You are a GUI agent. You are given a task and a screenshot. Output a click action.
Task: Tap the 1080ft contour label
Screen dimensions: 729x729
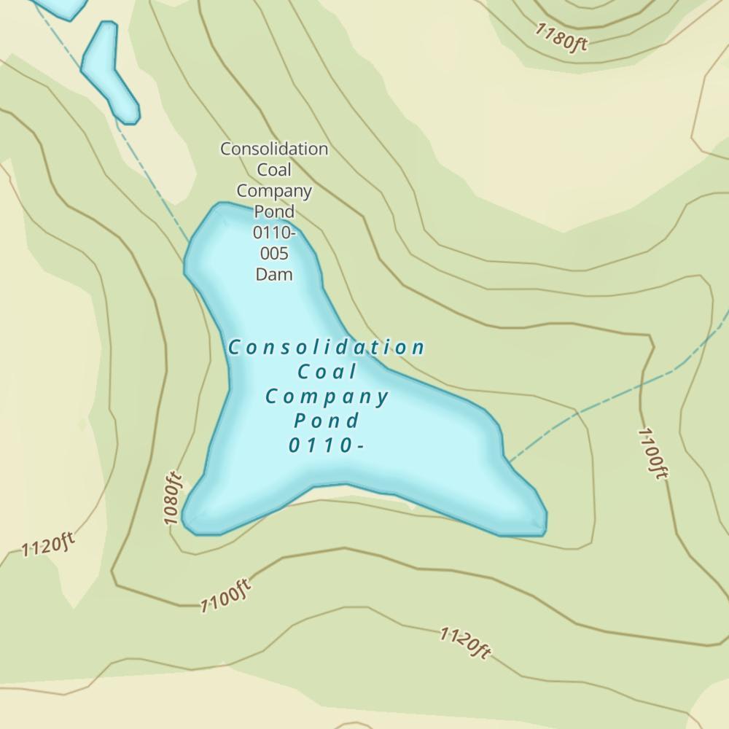tap(172, 499)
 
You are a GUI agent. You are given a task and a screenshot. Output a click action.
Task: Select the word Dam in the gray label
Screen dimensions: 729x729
tap(274, 275)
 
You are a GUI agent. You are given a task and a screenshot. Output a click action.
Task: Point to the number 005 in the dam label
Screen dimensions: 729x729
tap(274, 254)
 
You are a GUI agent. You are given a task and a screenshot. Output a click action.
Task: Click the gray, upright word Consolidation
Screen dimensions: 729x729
tap(274, 149)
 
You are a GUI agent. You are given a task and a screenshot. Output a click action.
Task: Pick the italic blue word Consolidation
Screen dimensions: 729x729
tap(326, 348)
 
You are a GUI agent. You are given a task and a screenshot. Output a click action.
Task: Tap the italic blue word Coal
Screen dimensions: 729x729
tap(327, 372)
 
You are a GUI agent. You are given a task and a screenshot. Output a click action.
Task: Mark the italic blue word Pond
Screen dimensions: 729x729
tap(327, 421)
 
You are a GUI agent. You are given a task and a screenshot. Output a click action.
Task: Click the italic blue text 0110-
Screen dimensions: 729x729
tap(325, 445)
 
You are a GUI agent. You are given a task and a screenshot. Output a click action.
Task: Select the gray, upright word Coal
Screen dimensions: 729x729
tap(274, 170)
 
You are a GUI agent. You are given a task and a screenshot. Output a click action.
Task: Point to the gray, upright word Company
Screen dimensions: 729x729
tap(274, 191)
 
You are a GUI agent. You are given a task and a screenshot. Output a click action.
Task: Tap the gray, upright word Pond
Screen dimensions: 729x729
tap(274, 211)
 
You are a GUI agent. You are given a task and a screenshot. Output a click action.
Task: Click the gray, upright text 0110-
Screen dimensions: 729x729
tap(274, 233)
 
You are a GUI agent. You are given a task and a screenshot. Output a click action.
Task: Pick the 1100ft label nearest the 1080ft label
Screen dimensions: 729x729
tap(226, 596)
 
